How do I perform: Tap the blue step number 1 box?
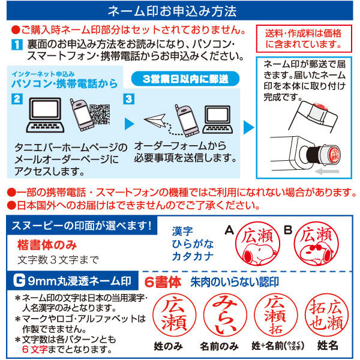pyautogui.click(x=17, y=44)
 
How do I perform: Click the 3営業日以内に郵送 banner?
pyautogui.click(x=182, y=79)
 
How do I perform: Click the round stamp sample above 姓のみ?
pyautogui.click(x=170, y=315)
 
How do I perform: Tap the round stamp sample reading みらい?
pyautogui.click(x=222, y=315)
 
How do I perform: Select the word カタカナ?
pyautogui.click(x=190, y=257)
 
